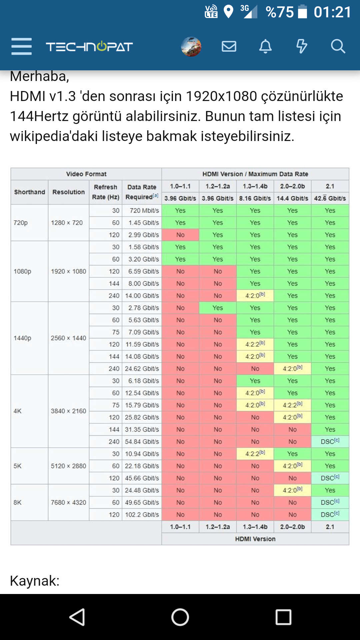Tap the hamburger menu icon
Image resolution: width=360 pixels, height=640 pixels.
pos(21,46)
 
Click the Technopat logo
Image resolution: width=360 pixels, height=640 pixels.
pos(89,47)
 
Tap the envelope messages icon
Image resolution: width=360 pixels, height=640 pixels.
pos(229,46)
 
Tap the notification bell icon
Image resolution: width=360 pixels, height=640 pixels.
pos(265,46)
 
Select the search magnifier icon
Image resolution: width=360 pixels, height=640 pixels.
pos(338,46)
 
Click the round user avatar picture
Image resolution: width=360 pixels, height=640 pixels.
pos(191,46)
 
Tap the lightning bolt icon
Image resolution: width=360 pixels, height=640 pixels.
pos(302,46)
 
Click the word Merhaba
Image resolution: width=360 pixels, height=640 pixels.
pos(39,76)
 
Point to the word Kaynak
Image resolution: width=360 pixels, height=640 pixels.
pos(34,581)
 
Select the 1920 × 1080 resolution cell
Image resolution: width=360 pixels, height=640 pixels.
pos(68,271)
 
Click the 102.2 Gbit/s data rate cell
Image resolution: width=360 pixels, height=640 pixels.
pos(142,515)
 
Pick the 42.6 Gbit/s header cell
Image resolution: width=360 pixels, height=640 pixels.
pos(330,198)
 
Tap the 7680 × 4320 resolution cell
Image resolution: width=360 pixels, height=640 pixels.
pos(68,502)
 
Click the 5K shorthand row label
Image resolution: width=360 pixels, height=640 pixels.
pos(18,466)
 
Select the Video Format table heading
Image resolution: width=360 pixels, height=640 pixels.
pos(86,174)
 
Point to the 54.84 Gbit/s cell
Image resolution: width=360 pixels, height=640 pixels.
pos(142,442)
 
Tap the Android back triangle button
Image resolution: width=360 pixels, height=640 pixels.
pos(77,617)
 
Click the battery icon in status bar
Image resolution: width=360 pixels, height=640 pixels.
pos(302,12)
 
